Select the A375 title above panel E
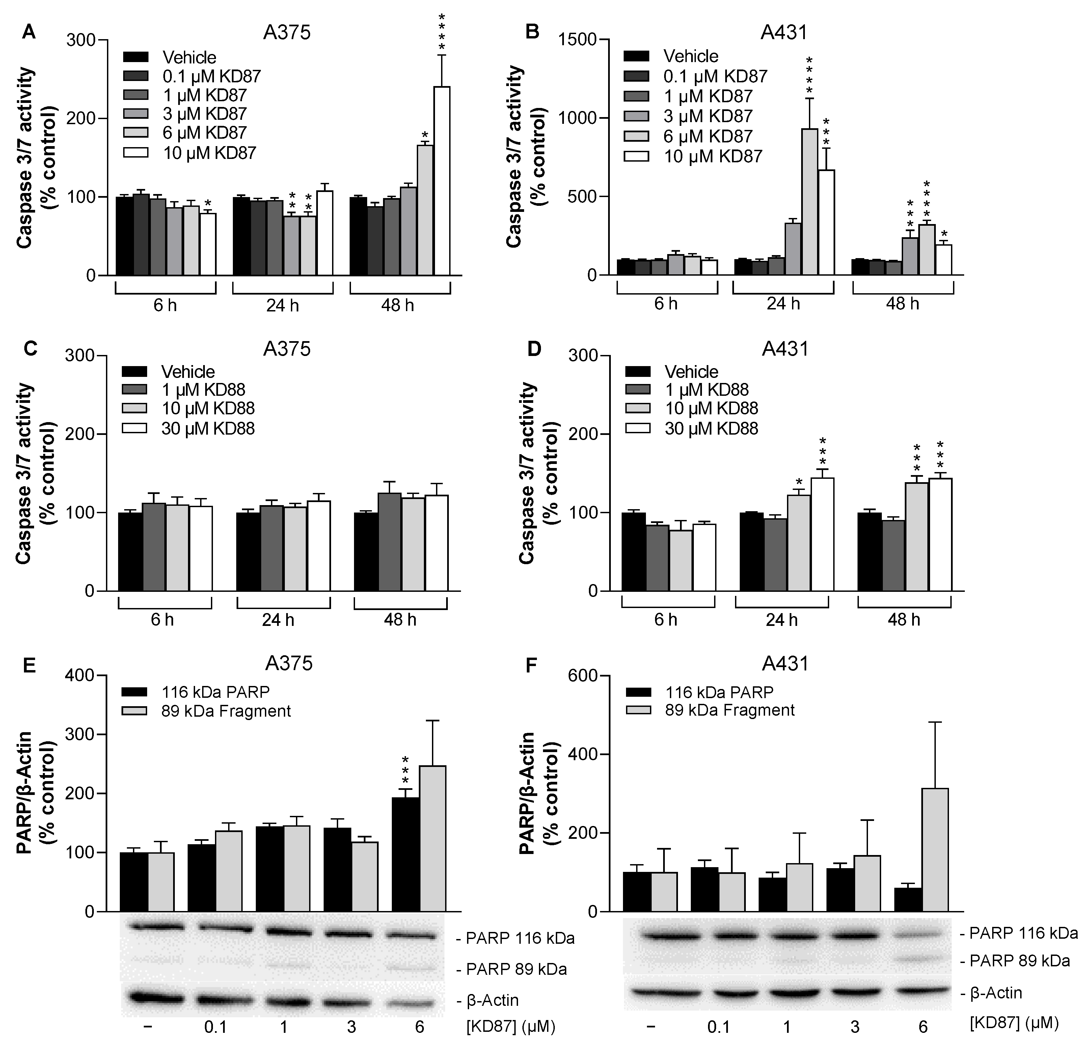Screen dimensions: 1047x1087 [289, 663]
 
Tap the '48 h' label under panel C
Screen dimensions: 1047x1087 [400, 619]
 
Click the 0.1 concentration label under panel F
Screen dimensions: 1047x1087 [719, 1027]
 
